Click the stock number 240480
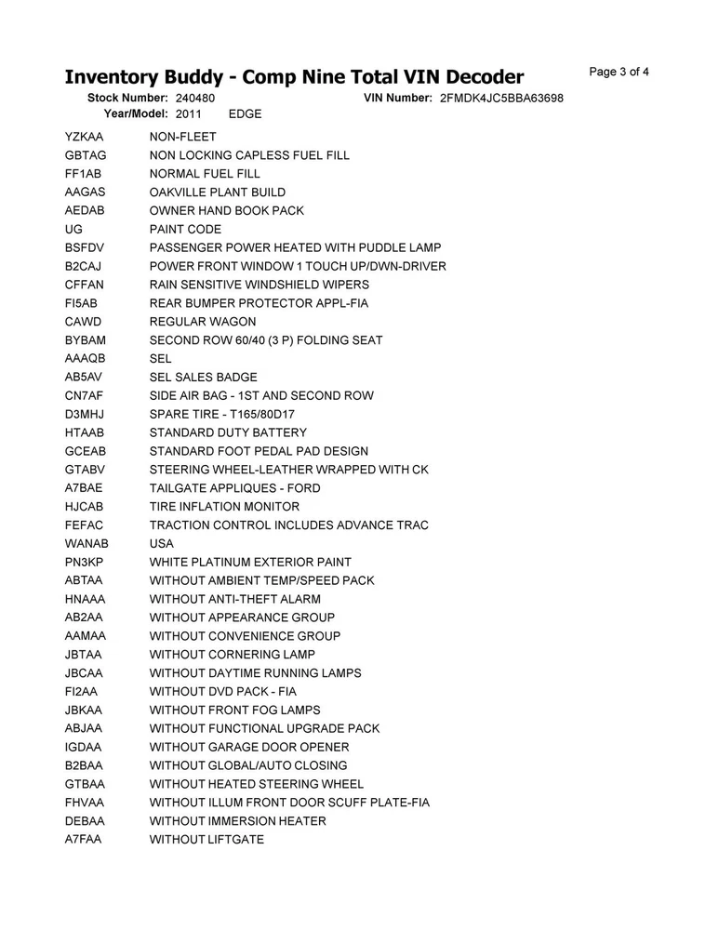(x=194, y=98)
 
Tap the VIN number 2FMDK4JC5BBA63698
(x=501, y=98)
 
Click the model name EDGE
(x=245, y=114)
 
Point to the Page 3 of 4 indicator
(x=619, y=73)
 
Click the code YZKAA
(x=84, y=137)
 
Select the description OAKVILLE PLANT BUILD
(x=218, y=193)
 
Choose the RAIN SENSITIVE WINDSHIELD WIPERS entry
(x=260, y=285)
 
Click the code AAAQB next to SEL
(x=86, y=359)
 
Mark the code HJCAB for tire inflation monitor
(x=85, y=507)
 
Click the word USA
(x=162, y=544)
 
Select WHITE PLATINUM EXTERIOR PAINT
(x=250, y=563)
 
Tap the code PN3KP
(x=85, y=563)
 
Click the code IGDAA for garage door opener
(x=84, y=748)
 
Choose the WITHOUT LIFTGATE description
(x=206, y=840)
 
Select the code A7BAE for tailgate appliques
(x=84, y=488)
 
